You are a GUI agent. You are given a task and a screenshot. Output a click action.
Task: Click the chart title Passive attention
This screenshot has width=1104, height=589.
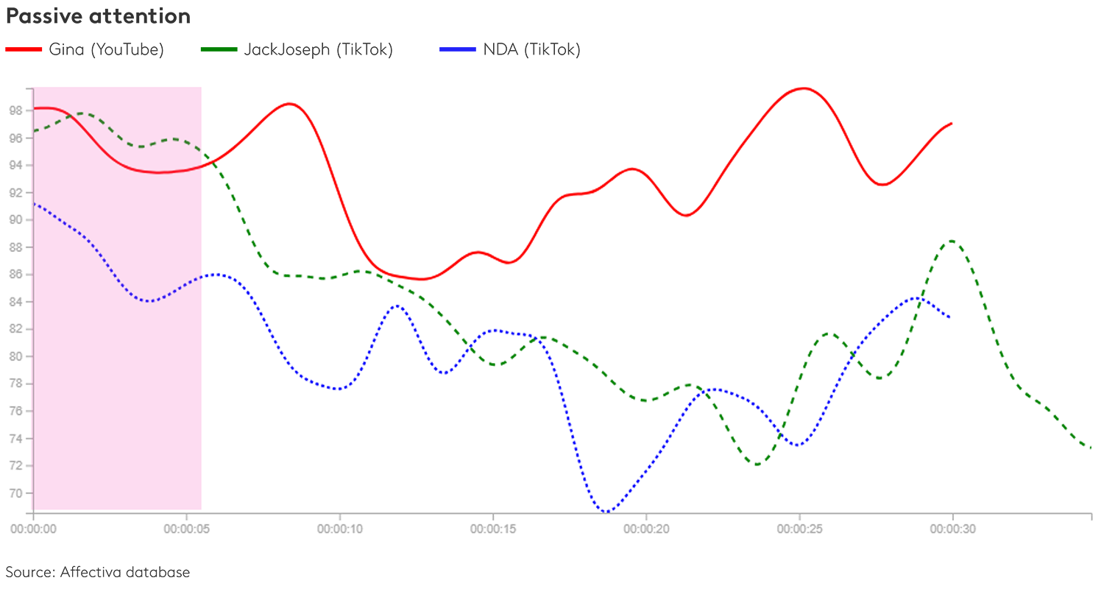tap(98, 16)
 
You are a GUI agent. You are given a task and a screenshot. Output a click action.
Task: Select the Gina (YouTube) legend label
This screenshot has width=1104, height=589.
tap(106, 50)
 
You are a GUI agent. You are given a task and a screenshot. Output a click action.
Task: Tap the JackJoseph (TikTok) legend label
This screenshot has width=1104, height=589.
tap(318, 50)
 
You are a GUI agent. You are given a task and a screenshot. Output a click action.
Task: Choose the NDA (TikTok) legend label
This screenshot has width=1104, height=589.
tap(531, 50)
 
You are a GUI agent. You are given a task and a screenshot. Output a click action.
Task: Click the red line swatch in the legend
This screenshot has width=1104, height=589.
tap(24, 50)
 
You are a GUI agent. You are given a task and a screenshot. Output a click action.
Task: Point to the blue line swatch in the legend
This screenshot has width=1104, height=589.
tap(456, 50)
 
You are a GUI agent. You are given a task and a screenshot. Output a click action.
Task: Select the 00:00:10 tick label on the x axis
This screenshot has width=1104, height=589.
tap(340, 528)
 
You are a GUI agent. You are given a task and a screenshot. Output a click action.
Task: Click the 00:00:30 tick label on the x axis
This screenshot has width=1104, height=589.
tap(953, 528)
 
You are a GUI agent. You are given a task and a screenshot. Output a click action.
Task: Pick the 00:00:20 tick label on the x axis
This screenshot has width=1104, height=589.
tap(646, 528)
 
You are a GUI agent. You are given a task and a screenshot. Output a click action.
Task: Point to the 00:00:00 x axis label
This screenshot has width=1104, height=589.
tap(34, 528)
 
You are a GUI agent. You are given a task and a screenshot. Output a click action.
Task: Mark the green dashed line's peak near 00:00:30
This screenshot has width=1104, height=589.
tap(952, 241)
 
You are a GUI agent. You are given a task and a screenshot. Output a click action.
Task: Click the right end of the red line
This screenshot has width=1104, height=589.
tap(952, 124)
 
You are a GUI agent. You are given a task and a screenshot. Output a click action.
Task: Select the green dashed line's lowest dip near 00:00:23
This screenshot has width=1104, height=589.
tap(757, 465)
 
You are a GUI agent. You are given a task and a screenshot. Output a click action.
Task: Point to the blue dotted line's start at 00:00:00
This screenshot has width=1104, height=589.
tap(35, 203)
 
